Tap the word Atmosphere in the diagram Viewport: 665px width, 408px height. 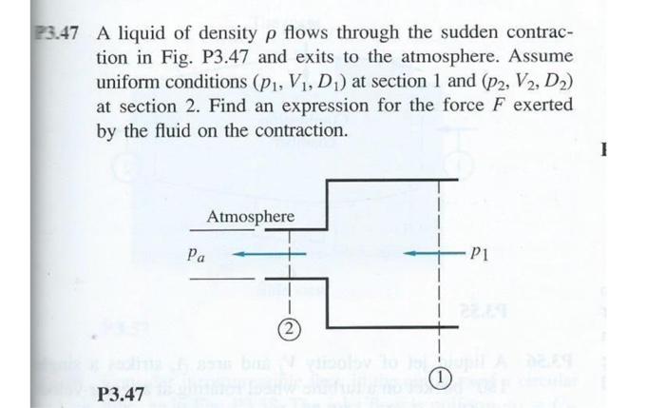point(251,219)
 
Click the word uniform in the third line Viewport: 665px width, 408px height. point(126,83)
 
